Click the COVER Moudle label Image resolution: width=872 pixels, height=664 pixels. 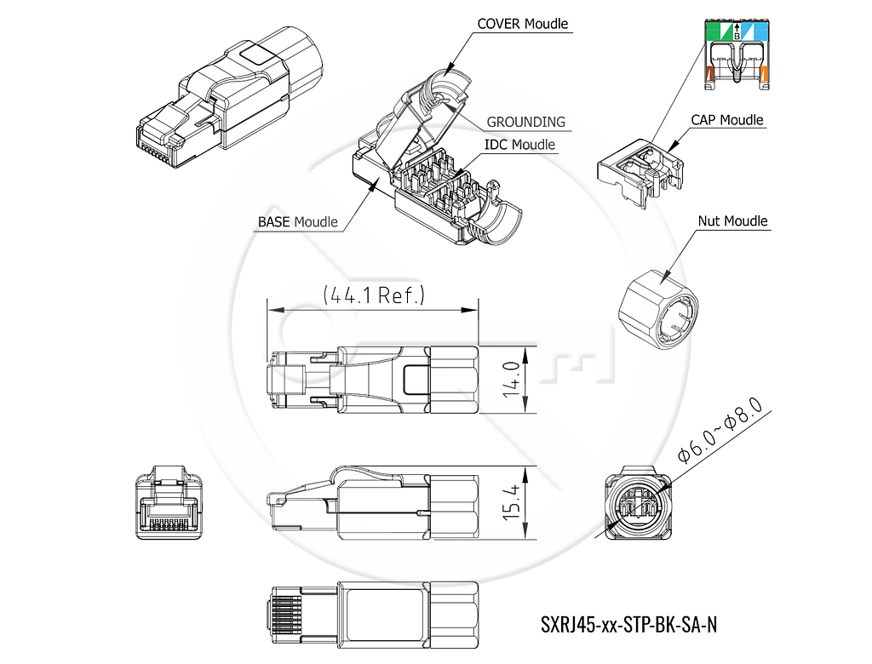(x=522, y=24)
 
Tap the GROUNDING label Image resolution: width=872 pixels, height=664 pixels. (x=525, y=122)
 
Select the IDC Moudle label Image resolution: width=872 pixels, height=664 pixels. (x=519, y=145)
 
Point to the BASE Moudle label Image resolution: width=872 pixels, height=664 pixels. (x=297, y=222)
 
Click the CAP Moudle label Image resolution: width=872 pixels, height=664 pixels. (x=727, y=120)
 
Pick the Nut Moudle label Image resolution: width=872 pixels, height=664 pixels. (x=732, y=220)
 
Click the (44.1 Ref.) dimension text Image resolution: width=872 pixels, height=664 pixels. (x=374, y=295)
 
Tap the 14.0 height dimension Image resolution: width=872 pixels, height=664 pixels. (x=511, y=380)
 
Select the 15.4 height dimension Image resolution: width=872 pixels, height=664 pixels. (x=511, y=502)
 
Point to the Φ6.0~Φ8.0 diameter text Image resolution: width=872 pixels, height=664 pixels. (x=720, y=431)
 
